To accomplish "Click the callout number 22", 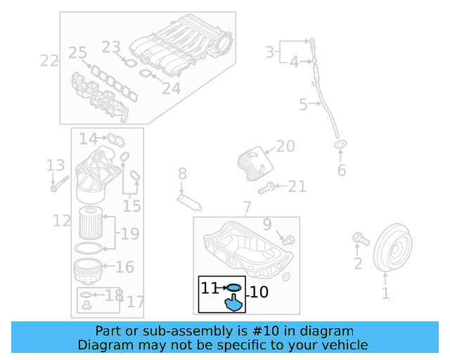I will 49,60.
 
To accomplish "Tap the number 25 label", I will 77,53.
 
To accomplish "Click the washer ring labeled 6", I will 340,146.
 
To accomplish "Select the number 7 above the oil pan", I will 246,207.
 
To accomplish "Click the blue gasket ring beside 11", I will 234,288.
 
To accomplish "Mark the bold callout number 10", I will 259,291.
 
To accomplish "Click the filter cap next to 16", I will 86,270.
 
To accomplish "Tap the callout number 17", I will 135,302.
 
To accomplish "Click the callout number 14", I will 88,139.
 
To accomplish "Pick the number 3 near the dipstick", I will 269,51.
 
